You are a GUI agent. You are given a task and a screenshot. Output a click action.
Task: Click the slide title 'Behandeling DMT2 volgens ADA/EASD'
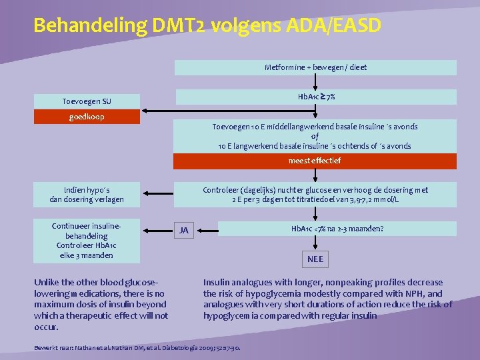tap(207, 26)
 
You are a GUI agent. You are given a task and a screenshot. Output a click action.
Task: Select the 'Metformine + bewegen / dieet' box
tap(315, 67)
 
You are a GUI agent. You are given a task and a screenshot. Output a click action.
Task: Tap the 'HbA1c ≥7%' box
tap(315, 97)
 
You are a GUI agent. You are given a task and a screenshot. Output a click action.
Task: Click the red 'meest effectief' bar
tap(315, 161)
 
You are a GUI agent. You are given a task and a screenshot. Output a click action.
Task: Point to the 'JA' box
tap(184, 231)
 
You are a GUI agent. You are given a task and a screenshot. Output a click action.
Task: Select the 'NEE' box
tap(315, 259)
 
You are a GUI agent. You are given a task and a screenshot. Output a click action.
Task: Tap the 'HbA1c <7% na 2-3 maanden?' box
tap(337, 229)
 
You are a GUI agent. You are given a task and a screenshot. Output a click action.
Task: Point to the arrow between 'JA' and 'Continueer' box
tap(157, 231)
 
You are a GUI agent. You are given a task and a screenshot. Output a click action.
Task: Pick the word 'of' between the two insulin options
tap(315, 136)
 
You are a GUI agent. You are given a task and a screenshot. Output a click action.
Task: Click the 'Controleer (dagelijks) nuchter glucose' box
tap(315, 194)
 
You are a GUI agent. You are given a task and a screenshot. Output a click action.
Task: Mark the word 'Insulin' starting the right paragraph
tap(217, 282)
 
